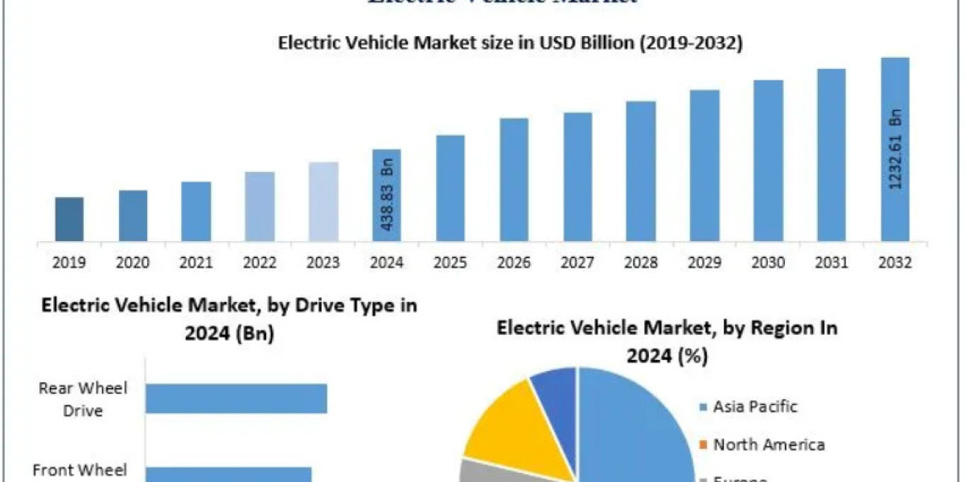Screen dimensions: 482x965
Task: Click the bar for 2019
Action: (x=69, y=219)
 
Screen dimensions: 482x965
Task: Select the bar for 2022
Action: (x=260, y=206)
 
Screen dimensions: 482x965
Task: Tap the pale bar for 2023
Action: (x=323, y=201)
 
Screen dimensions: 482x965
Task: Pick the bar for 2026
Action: (x=514, y=179)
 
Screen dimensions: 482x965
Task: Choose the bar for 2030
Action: (x=768, y=160)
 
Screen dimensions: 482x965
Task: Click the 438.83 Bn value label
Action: (x=388, y=196)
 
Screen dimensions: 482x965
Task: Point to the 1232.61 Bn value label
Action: (x=896, y=149)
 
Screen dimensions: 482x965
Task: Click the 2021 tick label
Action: (x=196, y=263)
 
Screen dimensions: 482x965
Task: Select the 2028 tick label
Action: (x=641, y=263)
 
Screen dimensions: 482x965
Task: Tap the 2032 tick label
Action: (x=895, y=263)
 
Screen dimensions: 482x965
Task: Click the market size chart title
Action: (x=510, y=43)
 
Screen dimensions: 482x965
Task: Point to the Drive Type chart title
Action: (x=229, y=318)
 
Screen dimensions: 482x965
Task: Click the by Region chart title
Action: (x=667, y=341)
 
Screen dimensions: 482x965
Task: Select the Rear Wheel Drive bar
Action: (x=236, y=398)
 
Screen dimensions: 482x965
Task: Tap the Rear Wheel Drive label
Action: (x=83, y=399)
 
